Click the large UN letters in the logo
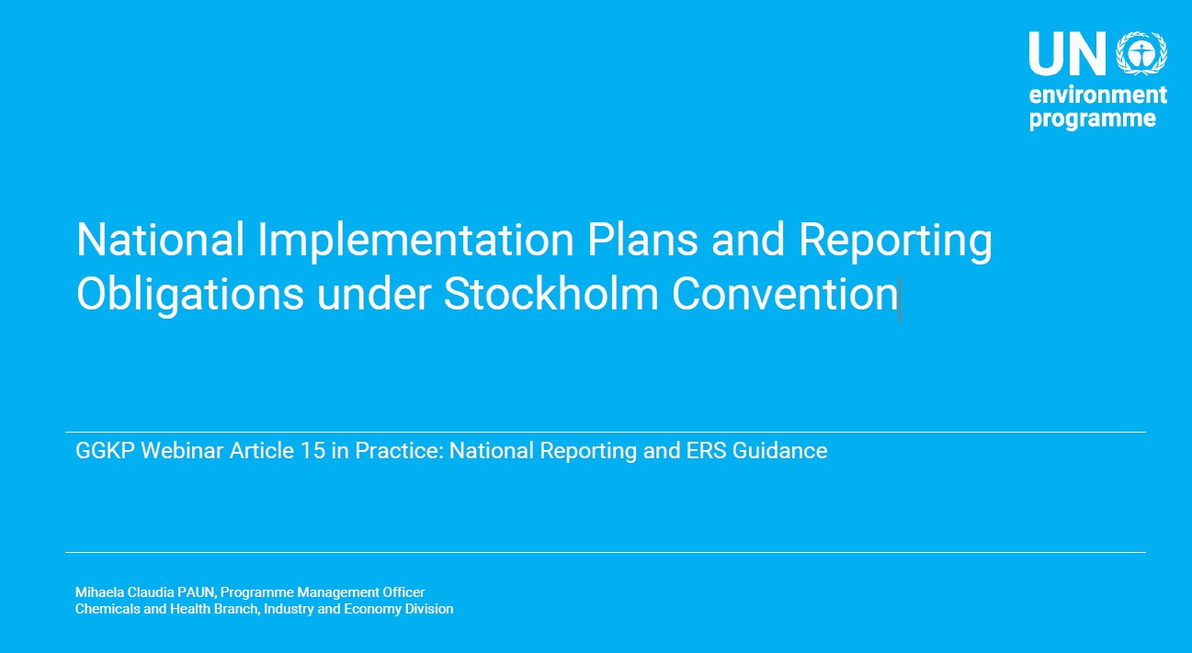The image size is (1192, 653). [1068, 53]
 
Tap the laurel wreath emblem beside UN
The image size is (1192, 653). [1142, 53]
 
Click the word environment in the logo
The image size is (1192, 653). [1098, 96]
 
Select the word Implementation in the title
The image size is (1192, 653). [415, 241]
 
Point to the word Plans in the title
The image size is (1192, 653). [642, 240]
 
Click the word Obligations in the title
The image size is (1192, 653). [190, 295]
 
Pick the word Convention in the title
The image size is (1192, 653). [785, 294]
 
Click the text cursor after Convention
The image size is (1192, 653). [900, 298]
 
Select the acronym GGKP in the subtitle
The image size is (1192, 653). [105, 451]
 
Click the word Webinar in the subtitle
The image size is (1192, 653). [181, 451]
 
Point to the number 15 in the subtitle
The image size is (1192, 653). [312, 451]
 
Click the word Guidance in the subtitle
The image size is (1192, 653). [779, 451]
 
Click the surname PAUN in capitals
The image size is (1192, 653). [197, 592]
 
